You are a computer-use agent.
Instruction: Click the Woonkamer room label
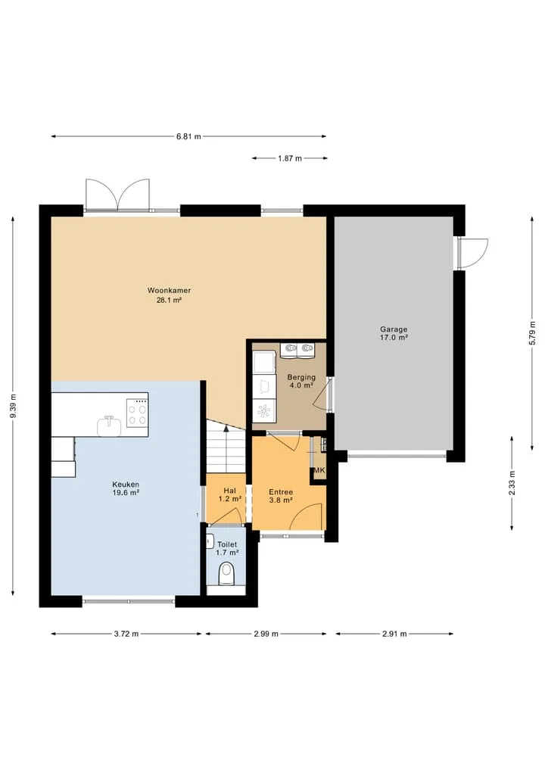(x=169, y=295)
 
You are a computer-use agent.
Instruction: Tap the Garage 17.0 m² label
(x=394, y=333)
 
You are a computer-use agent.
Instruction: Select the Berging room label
(x=301, y=381)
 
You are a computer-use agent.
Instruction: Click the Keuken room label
(x=126, y=488)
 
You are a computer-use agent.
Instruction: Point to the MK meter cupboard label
(x=319, y=470)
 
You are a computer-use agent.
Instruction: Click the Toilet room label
(x=227, y=548)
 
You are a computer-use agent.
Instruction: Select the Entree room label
(x=281, y=496)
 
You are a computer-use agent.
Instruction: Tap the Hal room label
(x=230, y=494)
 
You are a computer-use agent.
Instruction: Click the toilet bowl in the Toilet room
(x=226, y=574)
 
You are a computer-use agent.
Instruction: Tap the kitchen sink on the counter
(x=109, y=426)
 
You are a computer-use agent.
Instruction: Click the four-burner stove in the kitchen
(x=137, y=413)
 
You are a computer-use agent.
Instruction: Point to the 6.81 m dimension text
(x=189, y=136)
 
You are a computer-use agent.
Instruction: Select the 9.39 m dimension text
(x=14, y=406)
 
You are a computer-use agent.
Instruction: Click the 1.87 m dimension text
(x=290, y=158)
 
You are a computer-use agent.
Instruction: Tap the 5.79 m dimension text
(x=532, y=333)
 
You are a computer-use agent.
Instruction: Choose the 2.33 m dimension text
(x=512, y=483)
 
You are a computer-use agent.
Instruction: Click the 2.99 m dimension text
(x=266, y=634)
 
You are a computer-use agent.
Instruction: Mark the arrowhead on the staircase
(x=226, y=429)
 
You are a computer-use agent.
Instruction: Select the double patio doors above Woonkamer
(x=117, y=195)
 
